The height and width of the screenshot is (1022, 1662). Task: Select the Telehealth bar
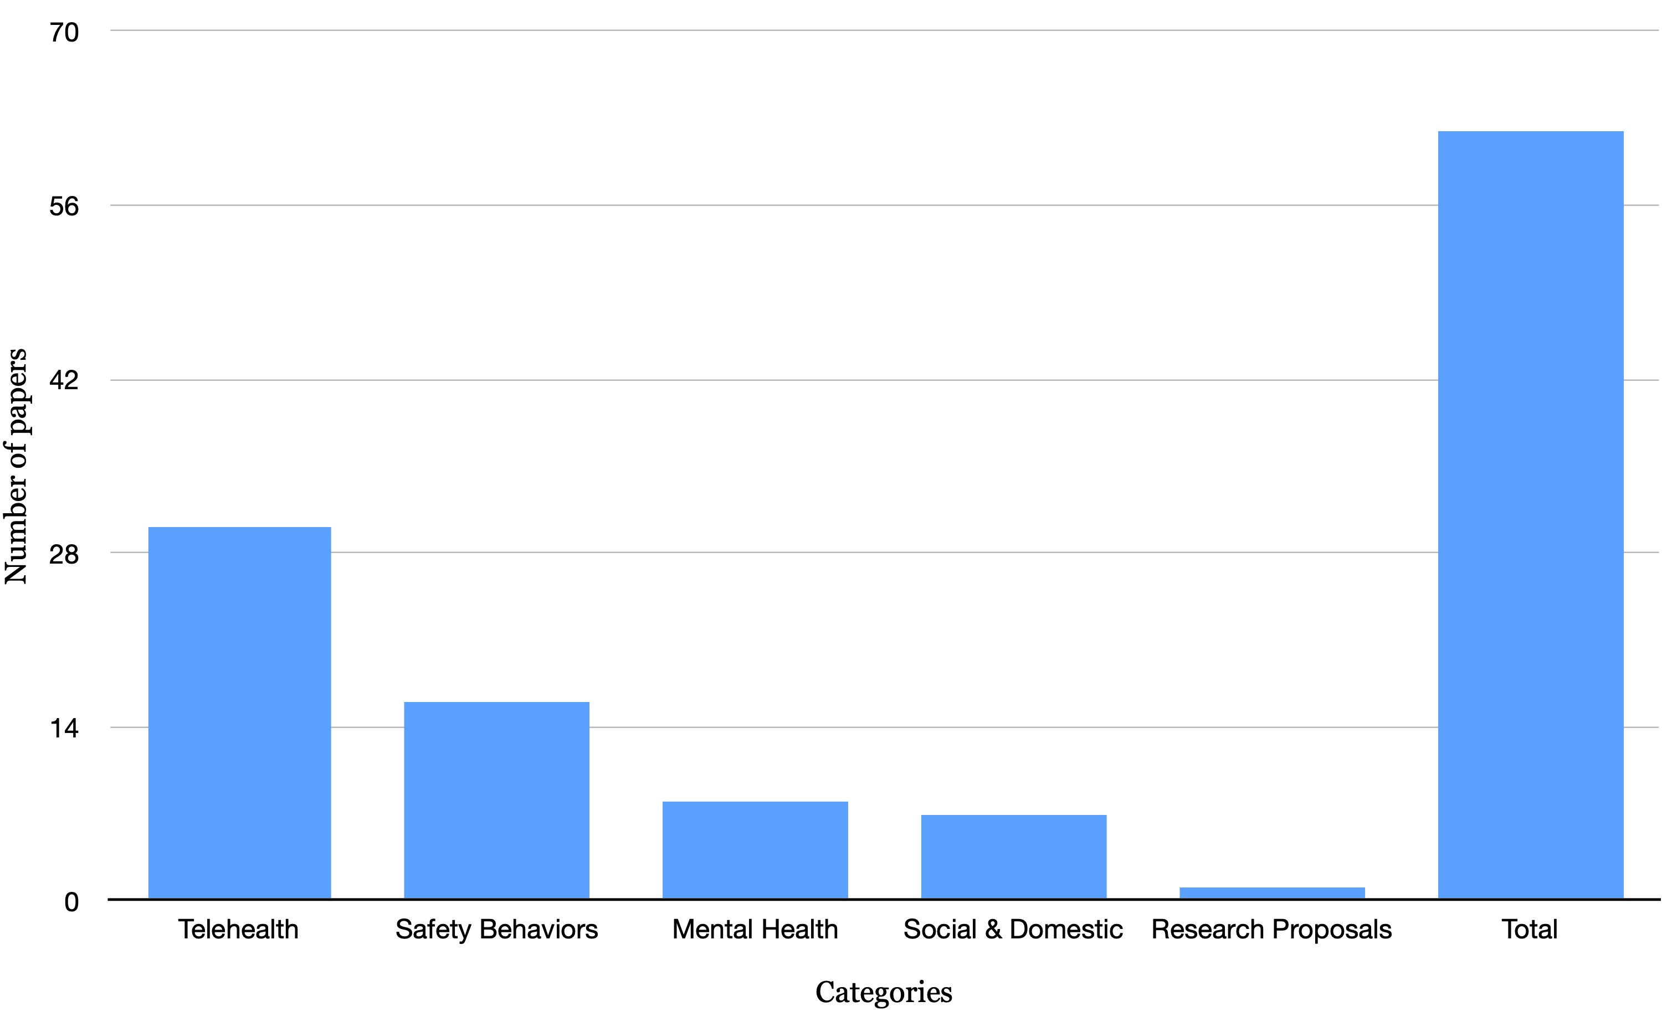pyautogui.click(x=239, y=713)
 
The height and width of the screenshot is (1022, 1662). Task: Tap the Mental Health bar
pyautogui.click(x=755, y=850)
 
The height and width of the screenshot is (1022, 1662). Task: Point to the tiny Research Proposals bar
pyautogui.click(x=1271, y=892)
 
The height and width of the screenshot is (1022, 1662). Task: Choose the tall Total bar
pyautogui.click(x=1530, y=514)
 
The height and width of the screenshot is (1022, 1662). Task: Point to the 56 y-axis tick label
pyautogui.click(x=64, y=206)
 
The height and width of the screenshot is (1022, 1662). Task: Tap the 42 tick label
pyautogui.click(x=64, y=380)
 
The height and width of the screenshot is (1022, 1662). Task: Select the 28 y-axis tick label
pyautogui.click(x=64, y=554)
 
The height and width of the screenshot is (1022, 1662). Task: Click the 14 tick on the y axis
pyautogui.click(x=64, y=728)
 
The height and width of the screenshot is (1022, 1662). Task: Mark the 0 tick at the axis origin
pyautogui.click(x=71, y=902)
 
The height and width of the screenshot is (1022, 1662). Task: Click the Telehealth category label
pyautogui.click(x=238, y=930)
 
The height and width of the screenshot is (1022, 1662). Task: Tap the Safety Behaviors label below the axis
pyautogui.click(x=496, y=930)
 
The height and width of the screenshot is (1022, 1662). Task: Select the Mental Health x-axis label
pyautogui.click(x=755, y=930)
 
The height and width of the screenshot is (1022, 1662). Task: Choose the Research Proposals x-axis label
pyautogui.click(x=1271, y=930)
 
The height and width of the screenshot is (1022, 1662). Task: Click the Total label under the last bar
pyautogui.click(x=1530, y=930)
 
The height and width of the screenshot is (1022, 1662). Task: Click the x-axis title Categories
pyautogui.click(x=883, y=992)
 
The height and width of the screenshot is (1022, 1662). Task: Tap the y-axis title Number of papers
pyautogui.click(x=16, y=466)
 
